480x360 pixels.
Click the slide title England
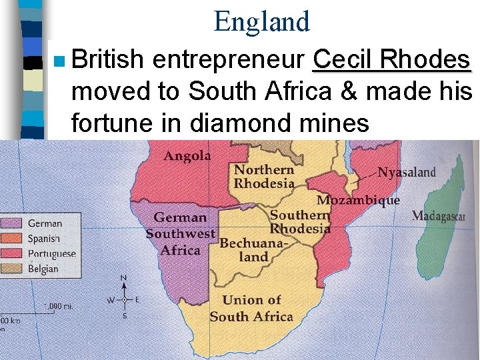[262, 21]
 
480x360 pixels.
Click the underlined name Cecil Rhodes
[391, 61]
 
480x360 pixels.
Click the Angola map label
[187, 156]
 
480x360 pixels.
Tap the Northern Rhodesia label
[264, 177]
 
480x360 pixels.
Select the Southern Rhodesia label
[300, 221]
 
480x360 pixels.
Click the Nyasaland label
[407, 172]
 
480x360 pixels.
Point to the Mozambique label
[358, 200]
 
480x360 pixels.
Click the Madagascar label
[438, 215]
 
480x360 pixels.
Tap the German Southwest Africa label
[181, 234]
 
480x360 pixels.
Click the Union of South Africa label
[251, 309]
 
